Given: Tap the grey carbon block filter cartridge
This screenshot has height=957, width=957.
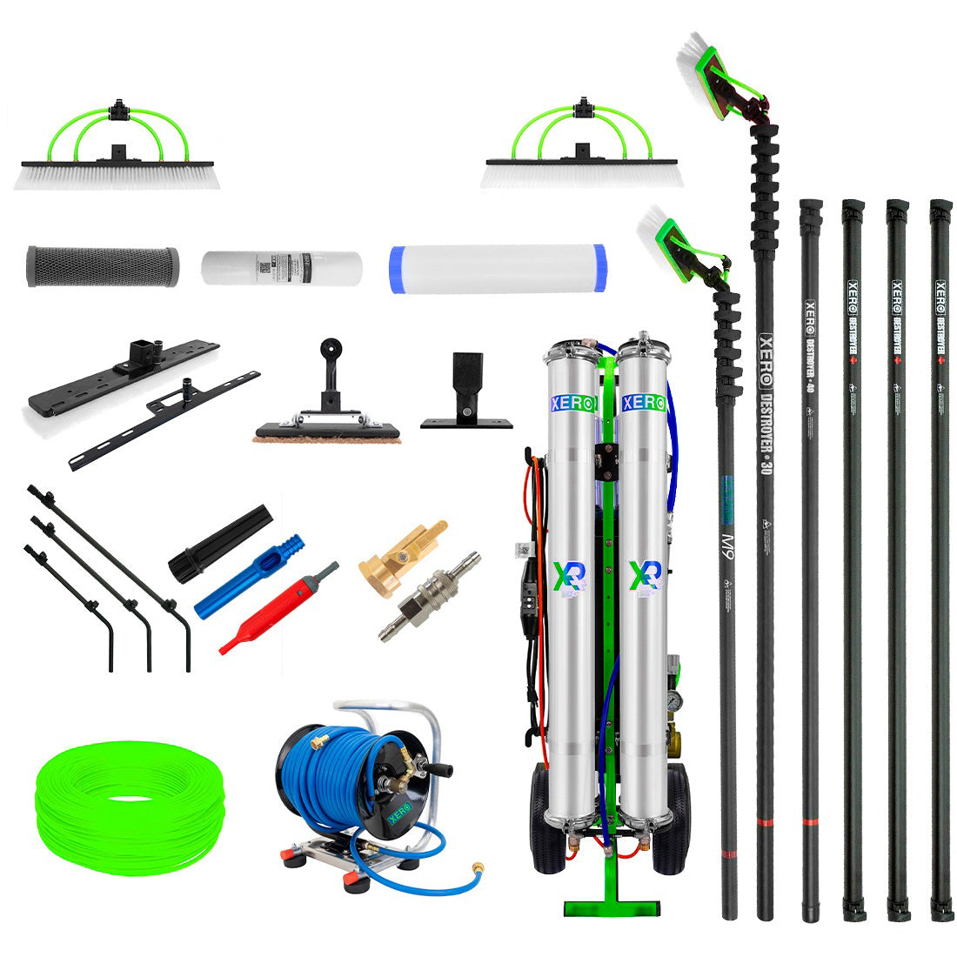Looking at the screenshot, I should [103, 265].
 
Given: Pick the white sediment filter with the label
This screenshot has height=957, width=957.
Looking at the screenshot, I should [280, 267].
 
